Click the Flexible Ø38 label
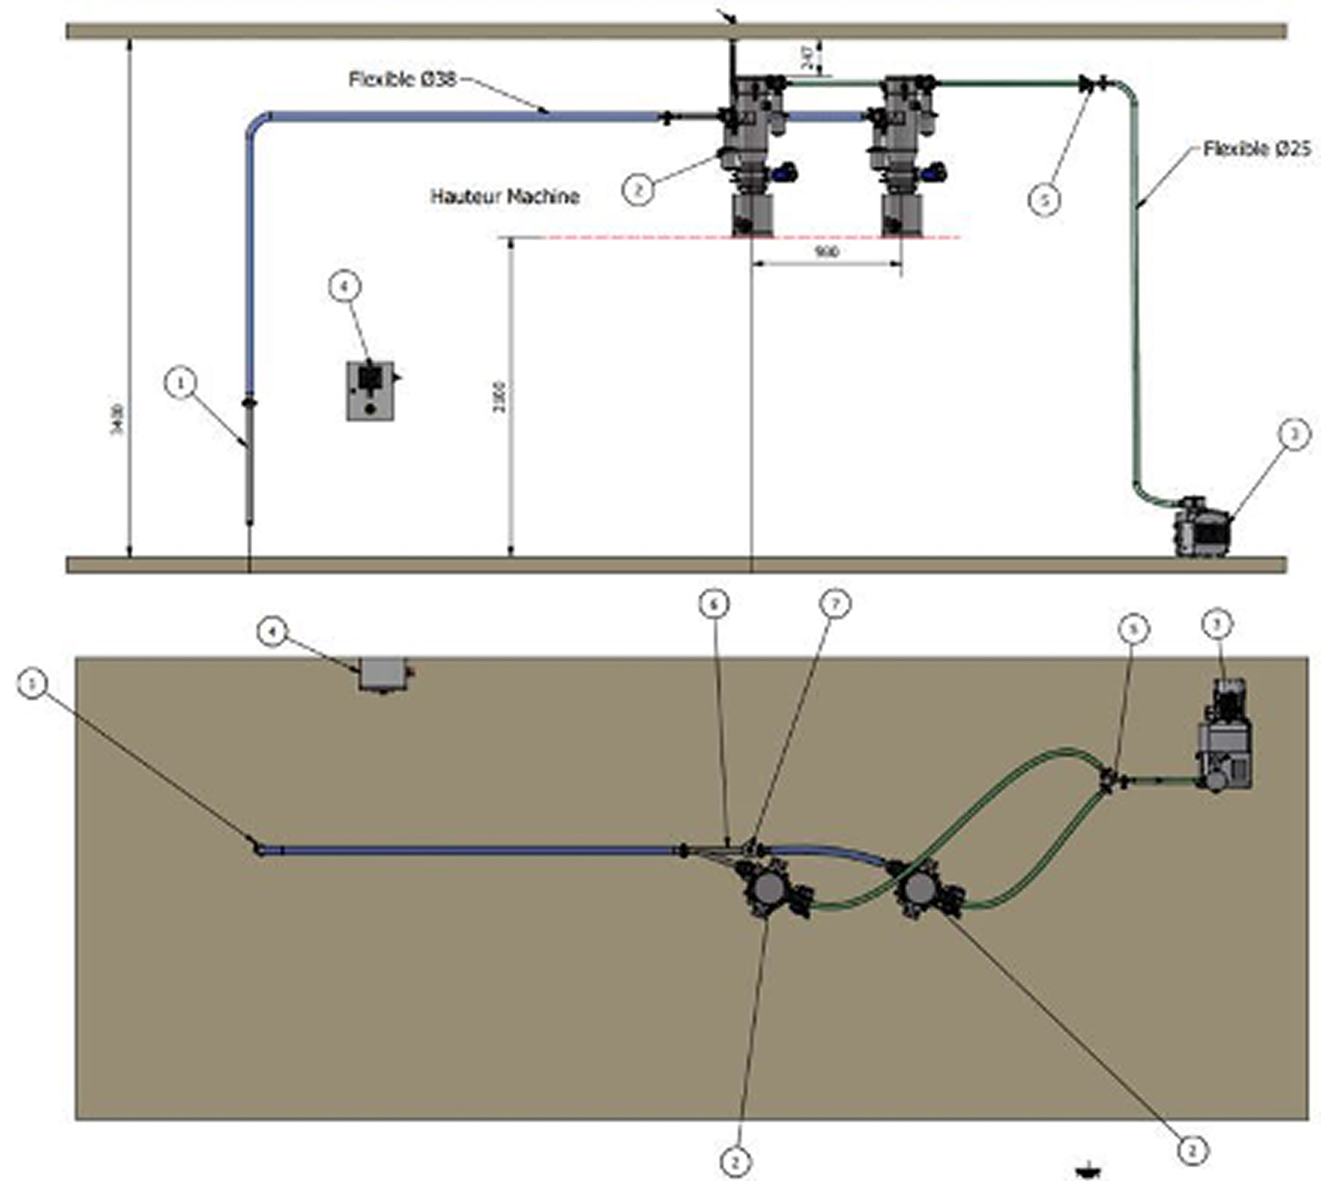403,79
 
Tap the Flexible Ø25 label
1256,148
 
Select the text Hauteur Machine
504,196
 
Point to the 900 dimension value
826,252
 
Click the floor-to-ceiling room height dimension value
117,419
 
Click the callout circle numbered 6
714,604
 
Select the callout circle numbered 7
835,604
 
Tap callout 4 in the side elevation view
345,287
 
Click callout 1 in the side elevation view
180,383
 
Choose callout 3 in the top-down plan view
1218,624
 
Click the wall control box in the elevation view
370,391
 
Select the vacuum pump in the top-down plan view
1223,739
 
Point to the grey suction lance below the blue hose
250,466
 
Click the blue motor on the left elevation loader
787,172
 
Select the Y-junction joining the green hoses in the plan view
1107,779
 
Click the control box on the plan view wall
382,674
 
